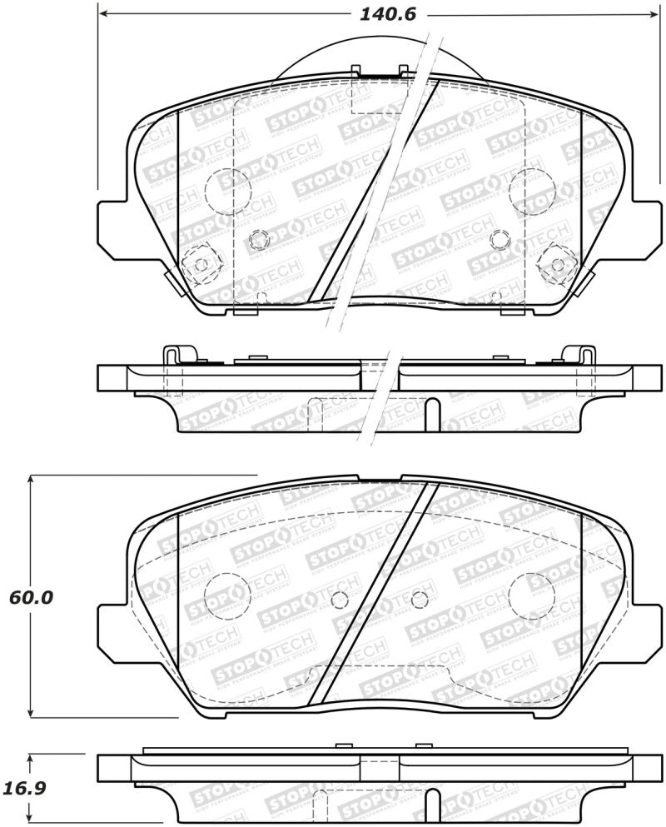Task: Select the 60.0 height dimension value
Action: pos(31,598)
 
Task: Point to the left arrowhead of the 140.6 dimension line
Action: pos(103,14)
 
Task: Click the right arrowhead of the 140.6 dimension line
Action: pos(654,14)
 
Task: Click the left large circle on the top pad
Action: pos(226,192)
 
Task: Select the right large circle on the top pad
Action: pos(532,192)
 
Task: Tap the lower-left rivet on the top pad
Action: pos(201,264)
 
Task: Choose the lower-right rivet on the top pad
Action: pos(557,264)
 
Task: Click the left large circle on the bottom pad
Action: pos(226,596)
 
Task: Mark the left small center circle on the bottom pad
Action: pos(339,600)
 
